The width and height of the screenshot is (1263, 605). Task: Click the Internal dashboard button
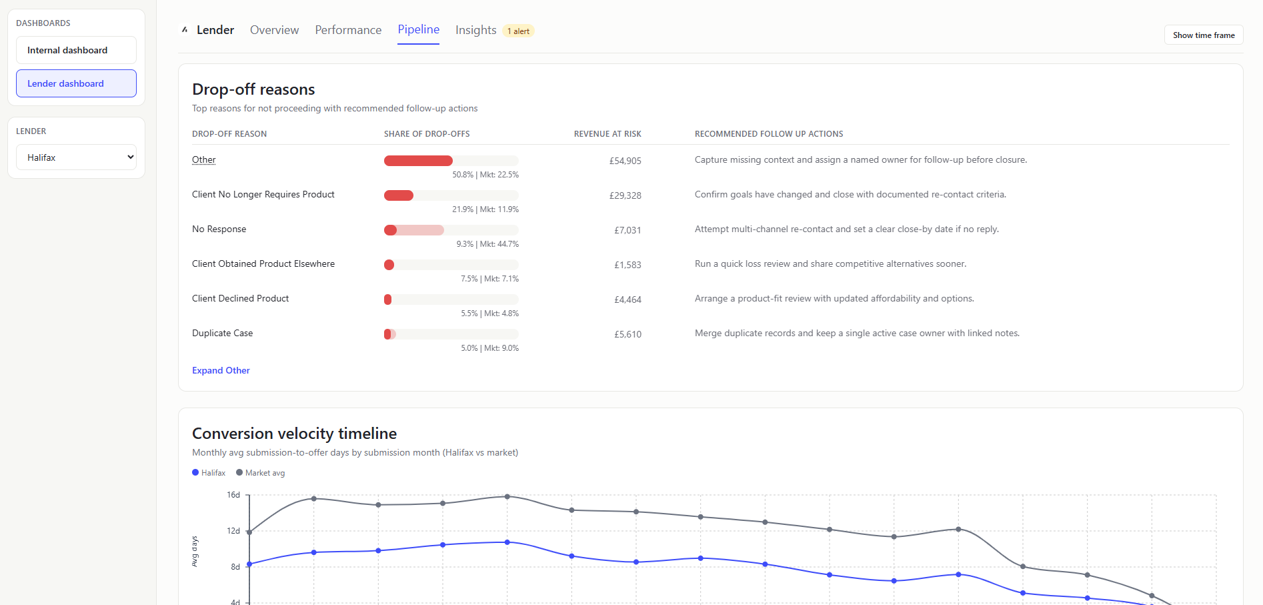point(76,50)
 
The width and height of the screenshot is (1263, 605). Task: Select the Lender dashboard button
point(76,83)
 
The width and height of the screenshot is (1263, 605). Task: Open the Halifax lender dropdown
point(76,157)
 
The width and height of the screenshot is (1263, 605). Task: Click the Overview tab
point(274,30)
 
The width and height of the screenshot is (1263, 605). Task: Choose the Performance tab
point(348,30)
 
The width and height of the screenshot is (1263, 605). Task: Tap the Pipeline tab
point(418,29)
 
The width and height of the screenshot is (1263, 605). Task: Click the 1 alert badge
point(518,31)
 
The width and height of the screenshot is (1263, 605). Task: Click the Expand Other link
point(221,370)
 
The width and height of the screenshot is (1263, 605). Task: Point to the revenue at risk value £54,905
point(625,161)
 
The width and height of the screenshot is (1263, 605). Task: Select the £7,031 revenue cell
point(627,230)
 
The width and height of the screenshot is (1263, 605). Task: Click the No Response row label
point(219,229)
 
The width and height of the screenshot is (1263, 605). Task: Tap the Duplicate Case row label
point(222,333)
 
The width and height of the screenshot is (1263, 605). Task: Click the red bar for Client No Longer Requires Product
point(399,195)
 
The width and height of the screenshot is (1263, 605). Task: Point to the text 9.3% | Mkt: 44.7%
point(487,244)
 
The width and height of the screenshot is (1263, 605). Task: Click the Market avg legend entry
point(261,473)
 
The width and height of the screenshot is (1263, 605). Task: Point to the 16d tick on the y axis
point(233,495)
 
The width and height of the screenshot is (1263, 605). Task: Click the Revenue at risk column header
point(607,134)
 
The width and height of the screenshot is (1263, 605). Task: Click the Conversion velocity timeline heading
point(294,434)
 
